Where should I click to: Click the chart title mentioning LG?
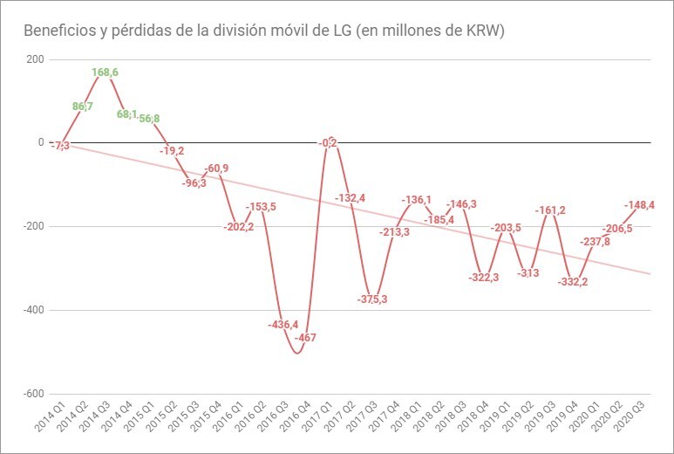click(265, 31)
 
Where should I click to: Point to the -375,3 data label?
click(372, 299)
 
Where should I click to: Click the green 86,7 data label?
click(83, 107)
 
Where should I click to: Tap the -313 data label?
click(528, 273)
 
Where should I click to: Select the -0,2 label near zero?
click(329, 143)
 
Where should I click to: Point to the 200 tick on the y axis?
click(35, 59)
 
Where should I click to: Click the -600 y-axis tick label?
click(32, 394)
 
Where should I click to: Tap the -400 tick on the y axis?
click(32, 310)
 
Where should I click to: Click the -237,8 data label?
click(597, 242)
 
